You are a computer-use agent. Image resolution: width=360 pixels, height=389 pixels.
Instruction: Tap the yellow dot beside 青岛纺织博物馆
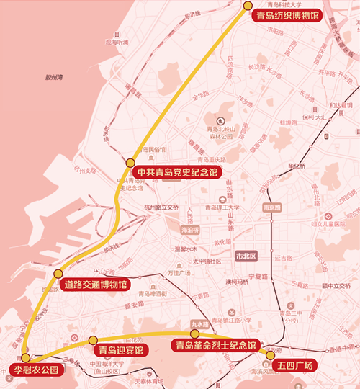[x=248, y=5]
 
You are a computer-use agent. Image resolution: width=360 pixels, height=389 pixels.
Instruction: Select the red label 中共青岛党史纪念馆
[x=176, y=172]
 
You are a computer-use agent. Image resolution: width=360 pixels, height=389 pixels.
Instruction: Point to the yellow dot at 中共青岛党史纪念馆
[x=130, y=163]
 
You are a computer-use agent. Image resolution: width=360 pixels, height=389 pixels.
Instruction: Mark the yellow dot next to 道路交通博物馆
[x=58, y=274]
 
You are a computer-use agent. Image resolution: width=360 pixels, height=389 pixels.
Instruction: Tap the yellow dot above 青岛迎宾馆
[x=92, y=340]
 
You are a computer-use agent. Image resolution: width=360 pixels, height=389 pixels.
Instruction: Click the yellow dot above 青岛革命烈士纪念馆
[x=194, y=334]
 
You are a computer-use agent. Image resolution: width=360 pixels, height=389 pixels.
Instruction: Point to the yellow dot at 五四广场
[x=271, y=354]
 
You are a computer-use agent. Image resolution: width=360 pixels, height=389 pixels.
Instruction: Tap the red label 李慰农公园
[x=35, y=370]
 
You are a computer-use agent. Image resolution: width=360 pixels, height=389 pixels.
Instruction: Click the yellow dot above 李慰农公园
[x=26, y=357]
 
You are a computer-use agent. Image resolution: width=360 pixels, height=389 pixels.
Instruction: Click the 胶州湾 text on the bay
[x=54, y=76]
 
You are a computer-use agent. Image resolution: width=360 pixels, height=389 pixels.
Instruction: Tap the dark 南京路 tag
[x=271, y=207]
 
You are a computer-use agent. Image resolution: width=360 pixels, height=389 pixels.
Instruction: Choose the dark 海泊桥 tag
[x=189, y=230]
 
